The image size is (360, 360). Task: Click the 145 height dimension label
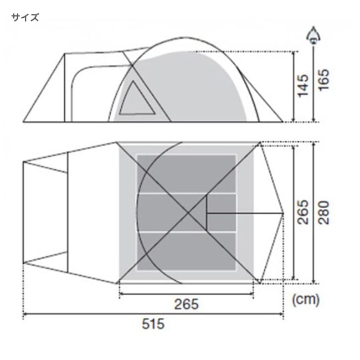tap(303, 85)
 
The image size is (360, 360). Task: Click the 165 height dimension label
tap(324, 80)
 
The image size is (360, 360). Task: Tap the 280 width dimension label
tap(324, 213)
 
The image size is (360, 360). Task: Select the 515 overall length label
tap(153, 324)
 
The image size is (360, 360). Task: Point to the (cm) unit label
tap(306, 300)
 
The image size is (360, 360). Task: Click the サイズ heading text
tap(25, 18)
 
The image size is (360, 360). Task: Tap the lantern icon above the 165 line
tap(313, 35)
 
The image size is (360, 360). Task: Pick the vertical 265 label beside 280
tap(303, 212)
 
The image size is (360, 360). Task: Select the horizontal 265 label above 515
tap(186, 305)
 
